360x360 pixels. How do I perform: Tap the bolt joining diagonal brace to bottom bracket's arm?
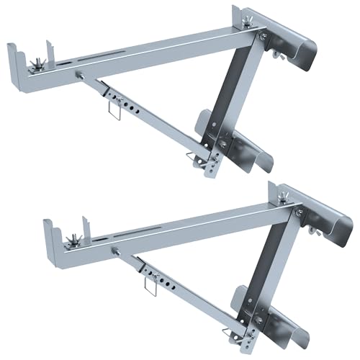tap(114, 253)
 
